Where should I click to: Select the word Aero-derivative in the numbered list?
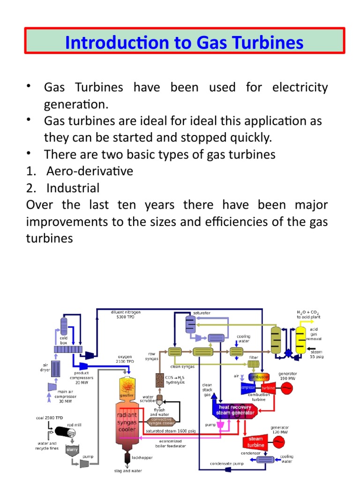pos(90,171)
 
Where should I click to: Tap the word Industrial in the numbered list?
pos(73,188)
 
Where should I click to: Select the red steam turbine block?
pos(255,441)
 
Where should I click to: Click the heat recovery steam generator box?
pos(235,410)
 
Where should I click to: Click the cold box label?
pos(63,340)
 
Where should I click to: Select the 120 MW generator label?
pos(280,430)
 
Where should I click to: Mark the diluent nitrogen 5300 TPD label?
pos(125,314)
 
